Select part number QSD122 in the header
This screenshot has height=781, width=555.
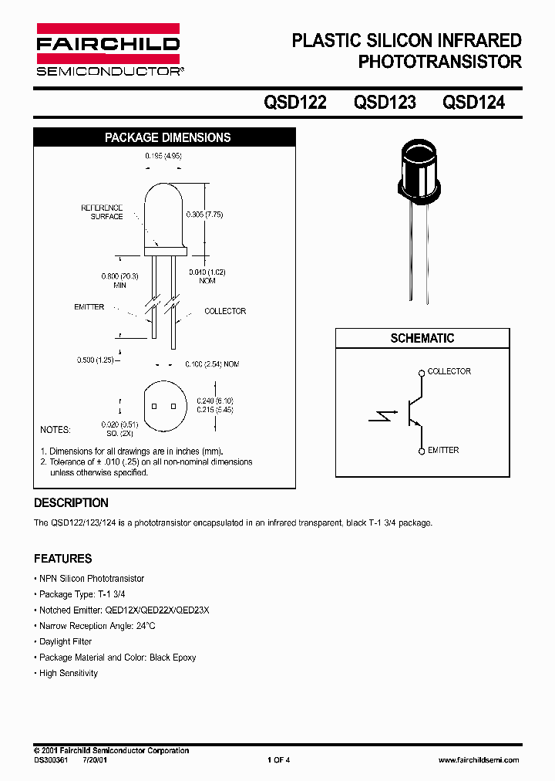point(295,102)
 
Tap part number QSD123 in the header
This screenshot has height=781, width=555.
point(384,102)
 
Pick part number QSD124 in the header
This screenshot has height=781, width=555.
point(473,102)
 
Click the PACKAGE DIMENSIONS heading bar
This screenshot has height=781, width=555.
point(167,137)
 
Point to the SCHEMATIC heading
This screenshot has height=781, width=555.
point(422,338)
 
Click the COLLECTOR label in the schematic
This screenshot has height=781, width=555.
point(449,371)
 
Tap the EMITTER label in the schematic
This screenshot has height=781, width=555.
point(443,450)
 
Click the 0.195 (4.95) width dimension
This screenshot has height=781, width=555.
point(163,156)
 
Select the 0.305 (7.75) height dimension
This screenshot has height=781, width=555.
point(204,215)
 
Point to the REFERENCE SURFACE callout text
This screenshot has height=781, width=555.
point(103,212)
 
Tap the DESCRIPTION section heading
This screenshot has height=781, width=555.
point(71,503)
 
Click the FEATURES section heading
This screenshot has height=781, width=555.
point(62,559)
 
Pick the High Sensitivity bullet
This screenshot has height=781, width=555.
point(69,673)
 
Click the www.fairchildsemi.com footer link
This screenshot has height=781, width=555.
point(478,760)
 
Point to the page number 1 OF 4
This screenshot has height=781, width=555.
point(278,760)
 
